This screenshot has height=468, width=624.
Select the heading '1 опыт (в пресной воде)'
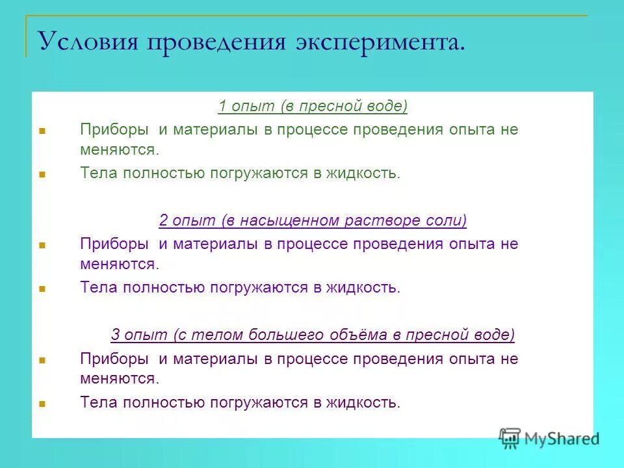tap(313, 106)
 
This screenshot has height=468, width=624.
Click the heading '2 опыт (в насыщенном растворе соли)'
tap(313, 220)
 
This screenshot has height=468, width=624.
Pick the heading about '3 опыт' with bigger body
tap(313, 335)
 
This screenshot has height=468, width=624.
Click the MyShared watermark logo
tap(549, 437)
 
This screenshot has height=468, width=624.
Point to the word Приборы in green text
tap(114, 129)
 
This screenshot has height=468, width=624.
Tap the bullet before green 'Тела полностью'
tap(42, 174)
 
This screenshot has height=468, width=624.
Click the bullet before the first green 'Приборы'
tap(42, 130)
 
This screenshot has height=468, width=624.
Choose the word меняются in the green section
tap(120, 149)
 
